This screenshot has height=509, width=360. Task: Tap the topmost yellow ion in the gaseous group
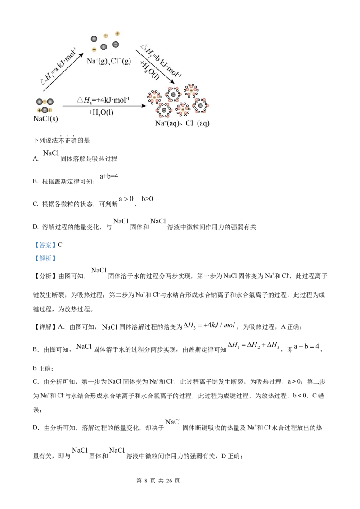117,33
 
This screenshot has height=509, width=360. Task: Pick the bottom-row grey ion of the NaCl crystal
45,110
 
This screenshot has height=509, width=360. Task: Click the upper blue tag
45,245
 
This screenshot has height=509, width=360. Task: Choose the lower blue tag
45,259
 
